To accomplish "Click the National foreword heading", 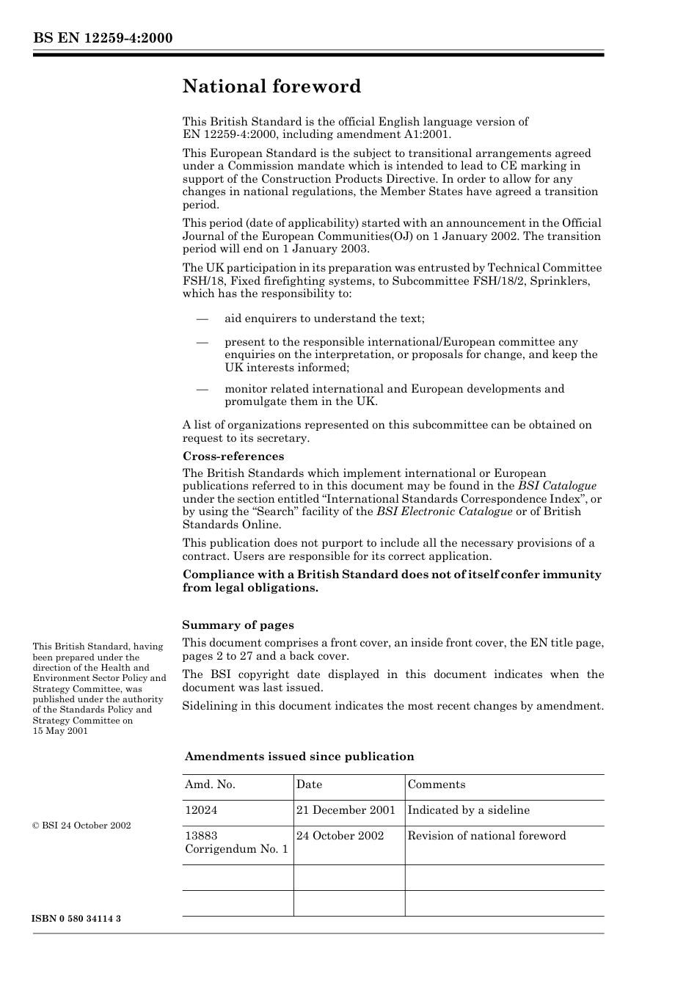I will [271, 87].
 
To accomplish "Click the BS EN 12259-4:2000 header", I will [103, 38].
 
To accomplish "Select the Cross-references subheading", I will [233, 456].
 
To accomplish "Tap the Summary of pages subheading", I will [238, 625].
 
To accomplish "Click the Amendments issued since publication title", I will [299, 757].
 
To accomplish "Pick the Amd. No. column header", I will [210, 784].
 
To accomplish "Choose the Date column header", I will [309, 784].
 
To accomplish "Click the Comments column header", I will [437, 784].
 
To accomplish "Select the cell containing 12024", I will [201, 810].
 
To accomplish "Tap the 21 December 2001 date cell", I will [346, 810].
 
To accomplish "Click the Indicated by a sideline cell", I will [468, 810].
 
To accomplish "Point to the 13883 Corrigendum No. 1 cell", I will [236, 842].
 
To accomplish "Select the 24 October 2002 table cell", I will [340, 836].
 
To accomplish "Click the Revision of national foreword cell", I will [486, 836].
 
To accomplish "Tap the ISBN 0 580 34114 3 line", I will [77, 919].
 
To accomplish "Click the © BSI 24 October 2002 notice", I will [81, 826].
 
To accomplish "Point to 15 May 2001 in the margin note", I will [60, 731].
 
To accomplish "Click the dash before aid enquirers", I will [202, 318].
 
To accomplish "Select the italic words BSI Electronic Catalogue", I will [445, 511].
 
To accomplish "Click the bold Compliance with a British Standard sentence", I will [392, 575].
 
